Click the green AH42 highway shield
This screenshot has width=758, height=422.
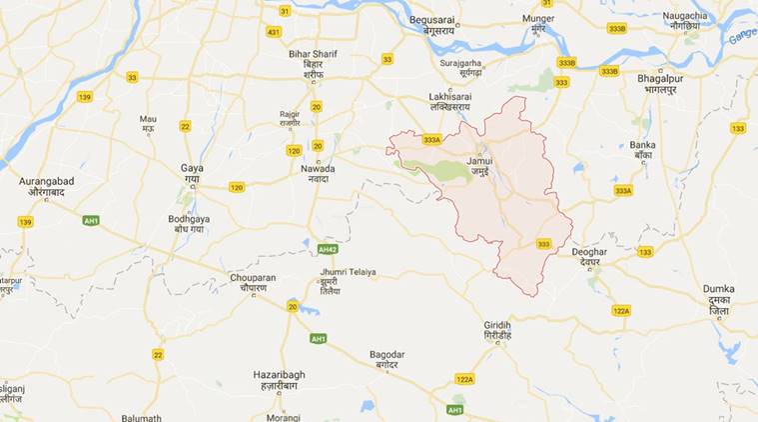(328, 249)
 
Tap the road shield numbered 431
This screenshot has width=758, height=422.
(273, 32)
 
